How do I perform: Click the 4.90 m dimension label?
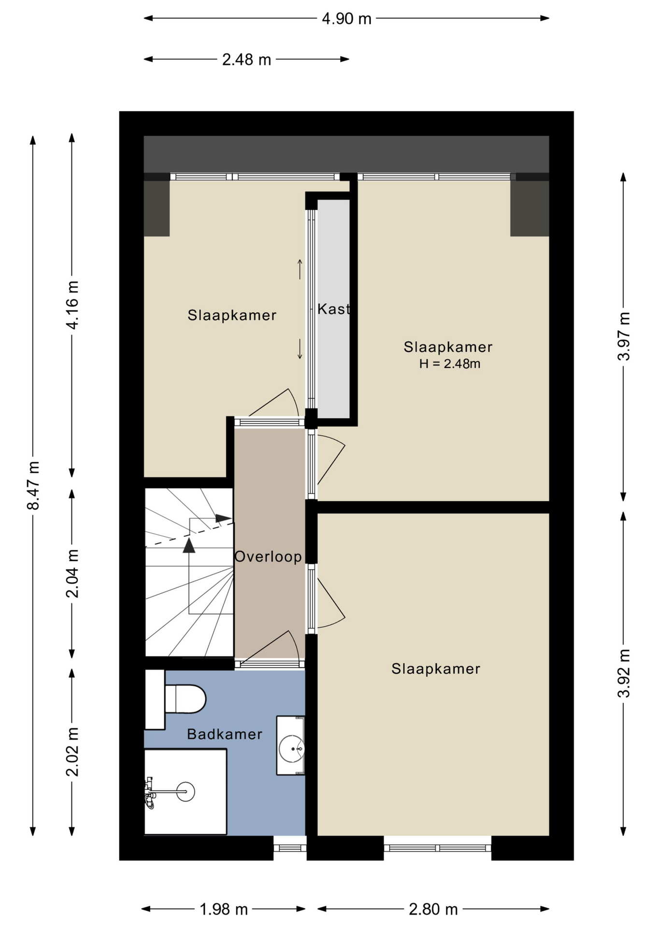point(346,19)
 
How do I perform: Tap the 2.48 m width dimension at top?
point(246,60)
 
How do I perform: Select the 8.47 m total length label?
point(33,486)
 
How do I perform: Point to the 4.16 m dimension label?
point(72,305)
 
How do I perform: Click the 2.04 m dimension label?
point(72,574)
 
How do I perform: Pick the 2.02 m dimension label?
point(72,752)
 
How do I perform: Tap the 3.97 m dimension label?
point(624,337)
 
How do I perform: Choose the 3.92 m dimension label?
point(624,674)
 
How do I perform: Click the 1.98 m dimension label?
point(224,910)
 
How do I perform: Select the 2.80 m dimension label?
point(433,910)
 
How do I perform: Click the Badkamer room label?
point(225,734)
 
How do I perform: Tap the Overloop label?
point(268,557)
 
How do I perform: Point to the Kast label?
point(333,309)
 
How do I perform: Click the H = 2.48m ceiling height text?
point(450,364)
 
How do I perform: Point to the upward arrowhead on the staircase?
point(189,546)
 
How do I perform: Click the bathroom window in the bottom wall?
point(290,848)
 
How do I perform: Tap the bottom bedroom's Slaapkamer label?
point(436,669)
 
